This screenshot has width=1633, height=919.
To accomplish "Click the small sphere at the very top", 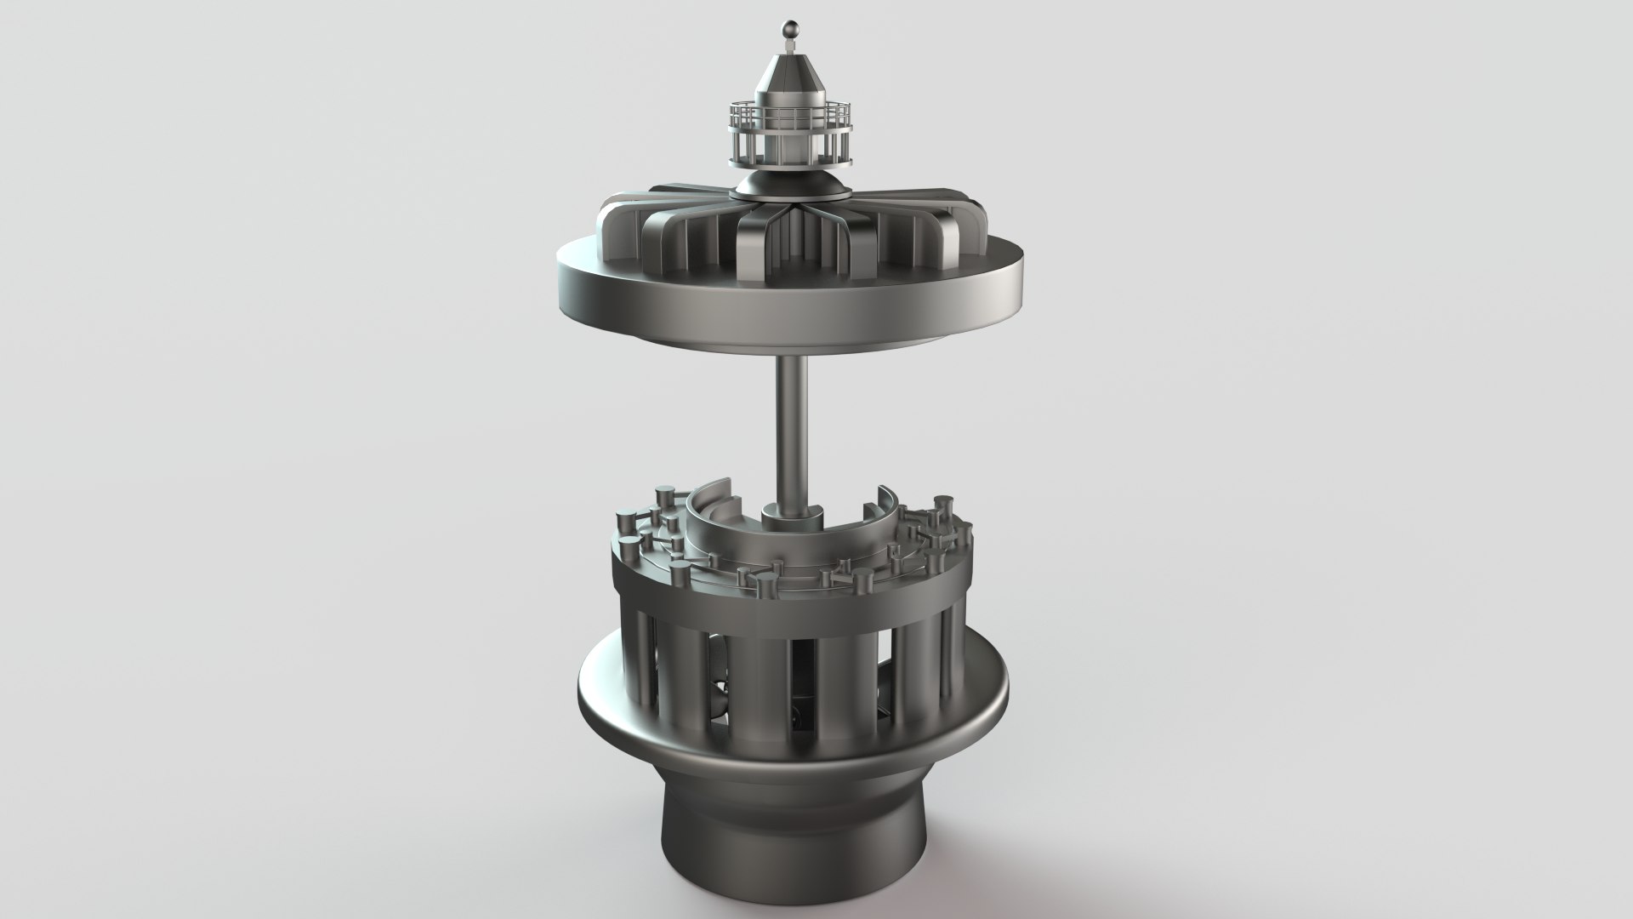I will (x=789, y=28).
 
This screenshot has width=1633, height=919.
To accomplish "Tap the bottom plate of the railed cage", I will (x=789, y=165).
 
